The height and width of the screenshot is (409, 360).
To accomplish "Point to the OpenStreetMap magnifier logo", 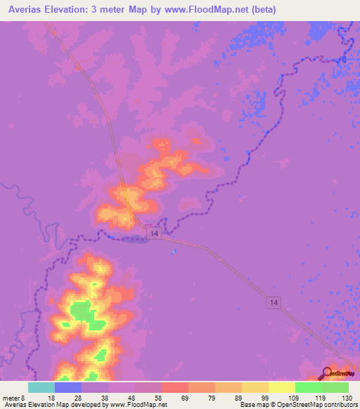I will (327, 373).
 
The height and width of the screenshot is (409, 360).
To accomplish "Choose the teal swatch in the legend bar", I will (41, 387).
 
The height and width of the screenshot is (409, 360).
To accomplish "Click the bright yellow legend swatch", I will (281, 387).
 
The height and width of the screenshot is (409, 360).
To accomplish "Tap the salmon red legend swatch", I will (174, 387).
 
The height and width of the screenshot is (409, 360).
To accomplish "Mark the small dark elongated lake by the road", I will (131, 240).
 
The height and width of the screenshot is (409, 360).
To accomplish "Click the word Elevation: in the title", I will (75, 10).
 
